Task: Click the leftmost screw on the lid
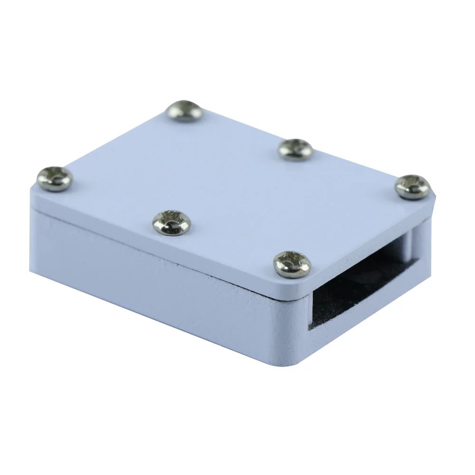point(55,179)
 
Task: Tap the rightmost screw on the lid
point(412,186)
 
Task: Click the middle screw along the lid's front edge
point(171,222)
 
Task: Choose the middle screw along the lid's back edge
point(295,149)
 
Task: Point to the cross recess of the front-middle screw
point(171,221)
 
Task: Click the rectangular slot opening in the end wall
point(361,280)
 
